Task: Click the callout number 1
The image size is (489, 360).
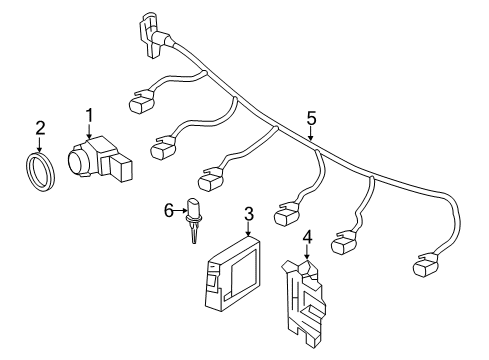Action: click(x=89, y=116)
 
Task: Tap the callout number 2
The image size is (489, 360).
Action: click(x=40, y=128)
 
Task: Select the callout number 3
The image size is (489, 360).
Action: click(x=249, y=214)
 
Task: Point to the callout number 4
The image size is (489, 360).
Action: click(x=307, y=238)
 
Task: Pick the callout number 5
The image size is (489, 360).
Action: click(x=311, y=119)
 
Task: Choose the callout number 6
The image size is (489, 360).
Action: click(x=169, y=210)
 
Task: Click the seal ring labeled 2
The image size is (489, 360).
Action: click(x=40, y=171)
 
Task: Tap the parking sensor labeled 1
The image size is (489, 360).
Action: click(x=99, y=159)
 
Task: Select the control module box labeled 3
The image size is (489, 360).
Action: click(x=232, y=273)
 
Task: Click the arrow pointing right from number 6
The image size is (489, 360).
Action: click(x=181, y=210)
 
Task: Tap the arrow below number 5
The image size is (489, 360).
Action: click(x=311, y=134)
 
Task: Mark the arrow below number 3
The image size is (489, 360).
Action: click(x=249, y=229)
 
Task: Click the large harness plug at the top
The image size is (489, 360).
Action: click(x=155, y=34)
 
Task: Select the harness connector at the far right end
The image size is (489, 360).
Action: click(x=426, y=265)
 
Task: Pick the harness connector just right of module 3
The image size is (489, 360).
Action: click(x=287, y=213)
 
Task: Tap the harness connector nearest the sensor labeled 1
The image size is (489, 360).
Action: click(x=142, y=101)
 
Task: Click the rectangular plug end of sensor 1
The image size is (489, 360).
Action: click(x=122, y=169)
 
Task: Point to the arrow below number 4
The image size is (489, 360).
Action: click(x=307, y=253)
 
